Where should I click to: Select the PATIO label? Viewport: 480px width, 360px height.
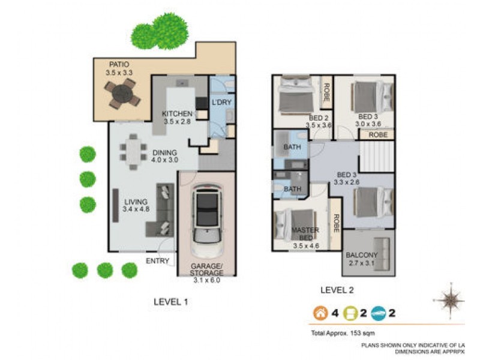click(x=119, y=64)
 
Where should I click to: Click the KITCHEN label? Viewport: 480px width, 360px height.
click(x=177, y=113)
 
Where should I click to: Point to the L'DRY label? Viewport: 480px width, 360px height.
click(x=221, y=103)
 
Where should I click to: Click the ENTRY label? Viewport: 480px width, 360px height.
click(x=157, y=261)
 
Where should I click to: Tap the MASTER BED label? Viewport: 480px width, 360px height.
click(x=305, y=230)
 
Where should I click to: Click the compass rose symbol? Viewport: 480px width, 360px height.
click(x=449, y=299)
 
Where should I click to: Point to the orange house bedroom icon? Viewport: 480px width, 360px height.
click(x=319, y=313)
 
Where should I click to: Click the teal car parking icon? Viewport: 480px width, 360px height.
click(x=377, y=313)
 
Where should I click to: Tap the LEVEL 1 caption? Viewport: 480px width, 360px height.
click(x=170, y=302)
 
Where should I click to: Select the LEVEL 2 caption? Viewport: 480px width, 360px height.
click(x=337, y=290)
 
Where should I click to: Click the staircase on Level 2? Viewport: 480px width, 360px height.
click(x=376, y=158)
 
